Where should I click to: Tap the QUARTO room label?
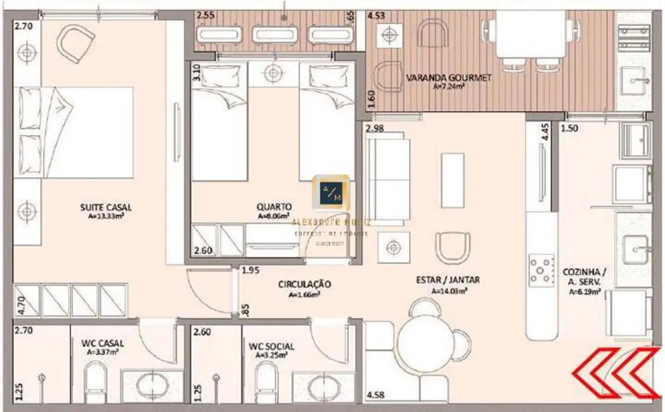pyautogui.click(x=274, y=207)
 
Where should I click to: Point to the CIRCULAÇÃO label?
pyautogui.click(x=304, y=285)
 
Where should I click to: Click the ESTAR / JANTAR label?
pyautogui.click(x=448, y=280)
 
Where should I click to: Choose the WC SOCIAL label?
pyautogui.click(x=271, y=346)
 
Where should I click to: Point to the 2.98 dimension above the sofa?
pyautogui.click(x=375, y=129)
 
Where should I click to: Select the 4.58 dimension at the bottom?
pyautogui.click(x=377, y=396)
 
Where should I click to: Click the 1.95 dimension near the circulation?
pyautogui.click(x=250, y=271)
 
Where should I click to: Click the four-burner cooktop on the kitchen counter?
pyautogui.click(x=541, y=269)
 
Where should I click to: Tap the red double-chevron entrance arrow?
pyautogui.click(x=614, y=374)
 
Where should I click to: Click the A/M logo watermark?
pyautogui.click(x=330, y=193)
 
